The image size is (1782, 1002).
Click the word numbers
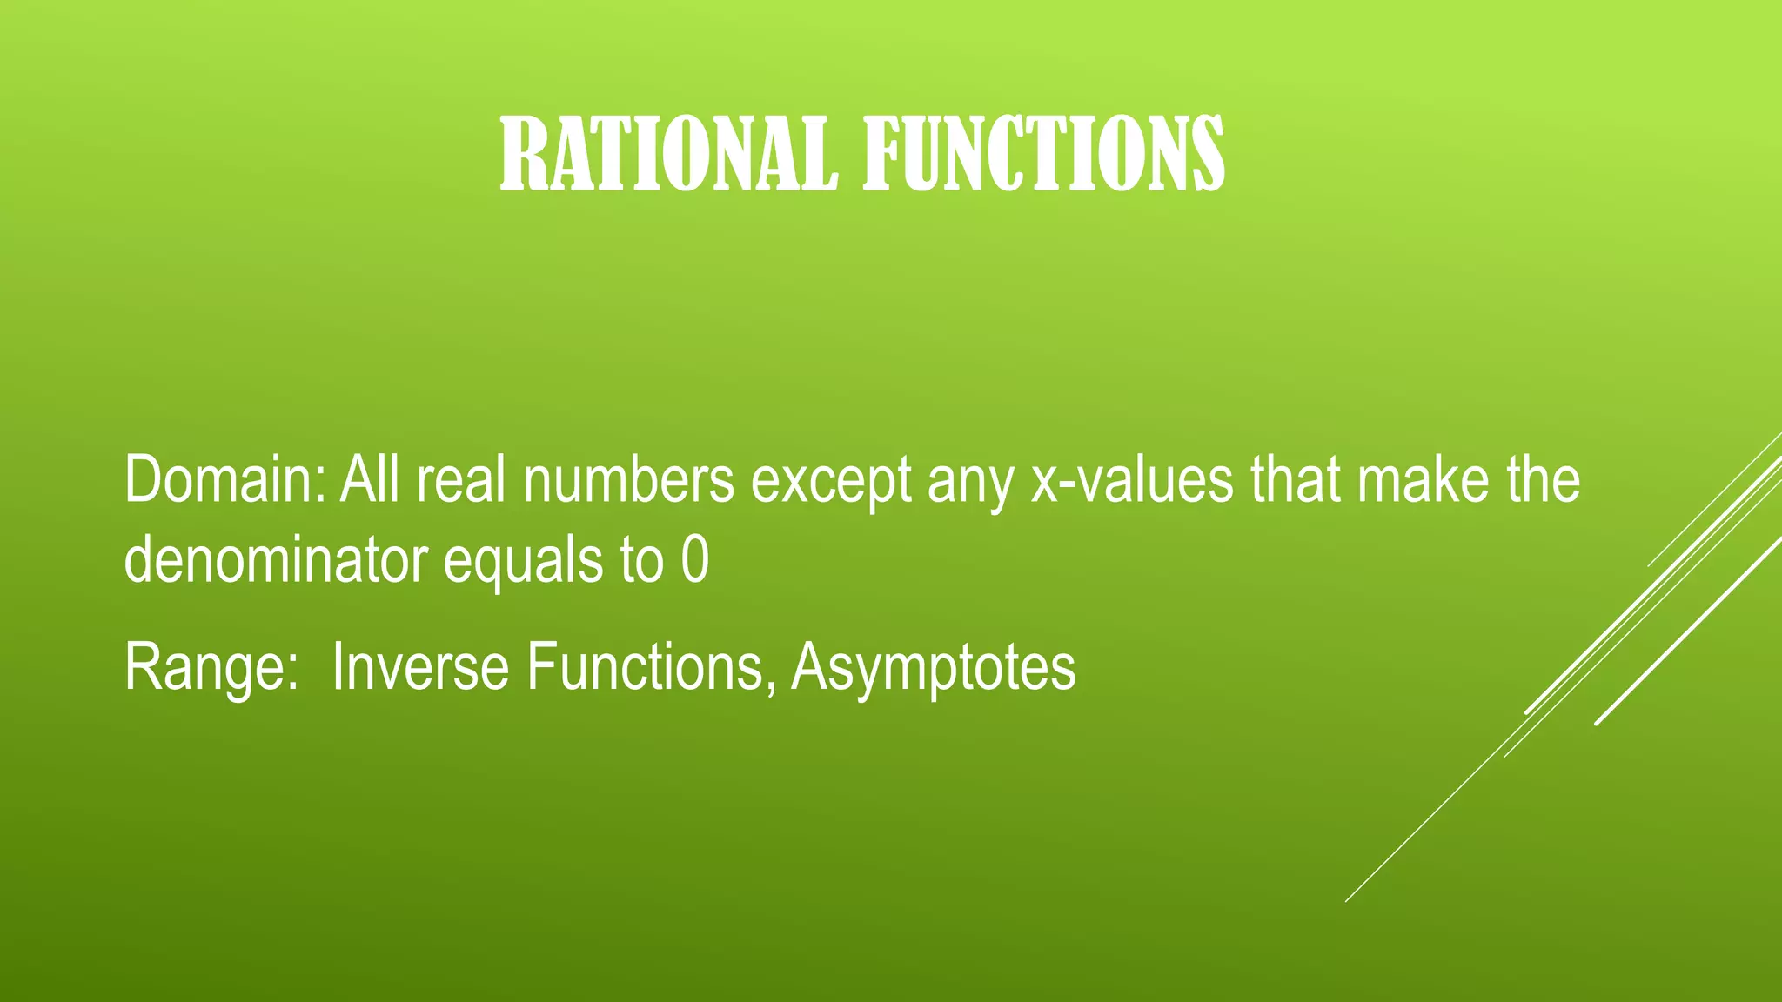pyautogui.click(x=628, y=480)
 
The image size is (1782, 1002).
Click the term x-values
pyautogui.click(x=1132, y=480)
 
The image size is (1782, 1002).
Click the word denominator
pyautogui.click(x=276, y=560)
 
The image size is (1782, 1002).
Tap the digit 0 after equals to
pyautogui.click(x=694, y=561)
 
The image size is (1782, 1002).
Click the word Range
pyautogui.click(x=205, y=668)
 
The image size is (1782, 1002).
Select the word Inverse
pyautogui.click(x=420, y=667)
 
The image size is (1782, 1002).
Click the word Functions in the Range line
pyautogui.click(x=644, y=667)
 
